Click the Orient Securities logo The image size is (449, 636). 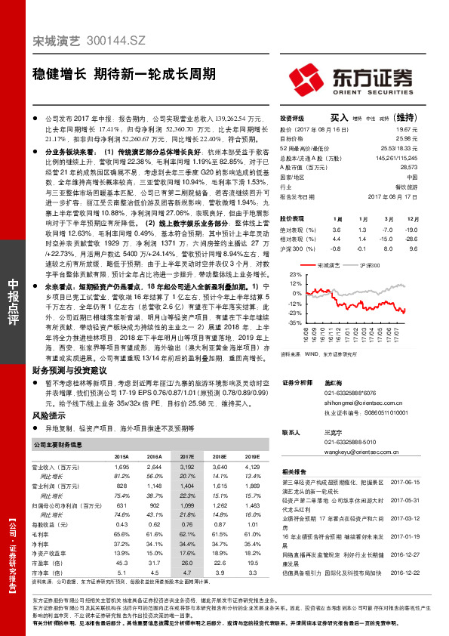point(352,79)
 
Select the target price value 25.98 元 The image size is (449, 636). point(428,139)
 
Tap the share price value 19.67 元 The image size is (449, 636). point(428,129)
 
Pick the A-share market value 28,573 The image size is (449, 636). point(428,166)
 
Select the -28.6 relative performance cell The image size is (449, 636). point(431,239)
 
